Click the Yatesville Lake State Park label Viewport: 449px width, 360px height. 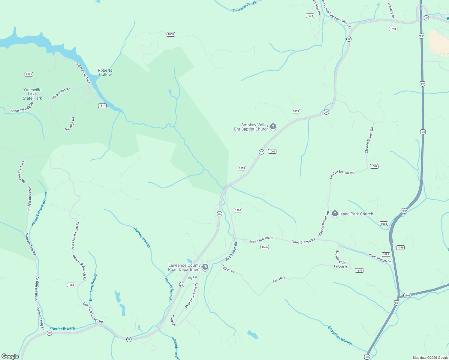click(x=32, y=94)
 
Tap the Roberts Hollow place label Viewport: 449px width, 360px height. click(x=105, y=72)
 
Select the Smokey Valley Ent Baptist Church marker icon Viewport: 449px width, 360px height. click(x=273, y=127)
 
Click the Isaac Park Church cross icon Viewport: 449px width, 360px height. click(x=335, y=214)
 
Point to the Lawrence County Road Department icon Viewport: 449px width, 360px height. click(x=205, y=267)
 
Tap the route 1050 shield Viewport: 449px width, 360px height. click(x=171, y=34)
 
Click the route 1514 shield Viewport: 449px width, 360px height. click(x=102, y=106)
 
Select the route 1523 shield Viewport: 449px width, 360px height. click(x=29, y=74)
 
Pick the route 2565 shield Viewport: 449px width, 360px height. click(x=407, y=295)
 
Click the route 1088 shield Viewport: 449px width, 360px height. click(x=71, y=285)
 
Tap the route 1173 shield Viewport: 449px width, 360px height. click(x=359, y=270)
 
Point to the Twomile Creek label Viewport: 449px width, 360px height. click(x=245, y=7)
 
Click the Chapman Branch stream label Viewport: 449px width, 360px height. click(x=340, y=336)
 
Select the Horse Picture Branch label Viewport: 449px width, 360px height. click(x=39, y=209)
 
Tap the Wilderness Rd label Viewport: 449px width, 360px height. click(x=61, y=94)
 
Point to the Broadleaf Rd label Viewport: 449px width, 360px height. click(x=341, y=257)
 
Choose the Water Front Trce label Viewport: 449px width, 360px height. click(x=83, y=73)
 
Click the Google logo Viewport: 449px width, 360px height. click(x=10, y=356)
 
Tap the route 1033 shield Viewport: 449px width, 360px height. click(x=296, y=111)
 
